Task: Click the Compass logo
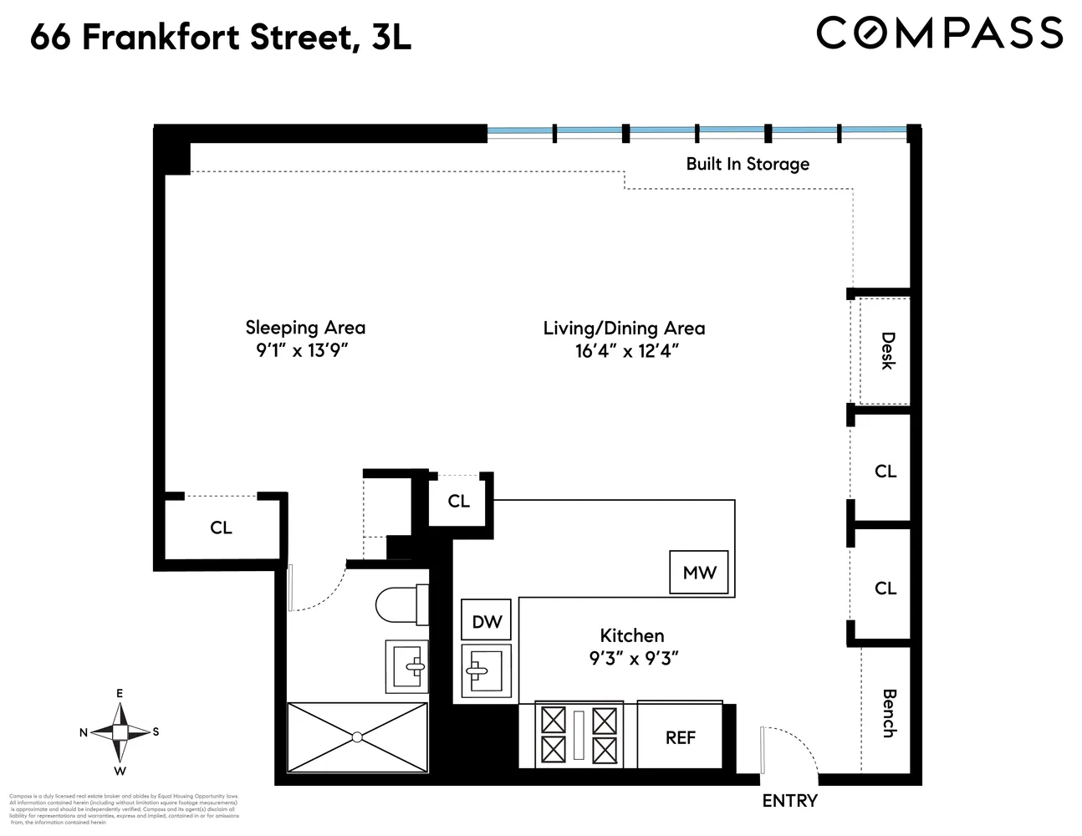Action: point(939,33)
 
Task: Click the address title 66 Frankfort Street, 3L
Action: point(221,38)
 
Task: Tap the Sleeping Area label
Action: point(305,328)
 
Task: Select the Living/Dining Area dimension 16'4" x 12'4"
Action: point(625,351)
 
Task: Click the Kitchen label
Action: point(632,635)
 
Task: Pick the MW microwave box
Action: point(699,573)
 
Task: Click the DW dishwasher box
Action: point(487,621)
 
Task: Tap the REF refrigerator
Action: point(681,737)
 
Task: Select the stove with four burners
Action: point(579,734)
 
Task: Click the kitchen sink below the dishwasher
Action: point(486,670)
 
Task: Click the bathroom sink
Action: point(407,666)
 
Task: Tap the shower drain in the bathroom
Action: point(357,737)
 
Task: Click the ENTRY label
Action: point(789,801)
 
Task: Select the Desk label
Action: point(887,351)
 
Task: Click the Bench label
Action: point(888,713)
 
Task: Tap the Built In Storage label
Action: point(748,164)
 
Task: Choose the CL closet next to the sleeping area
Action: point(221,528)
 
